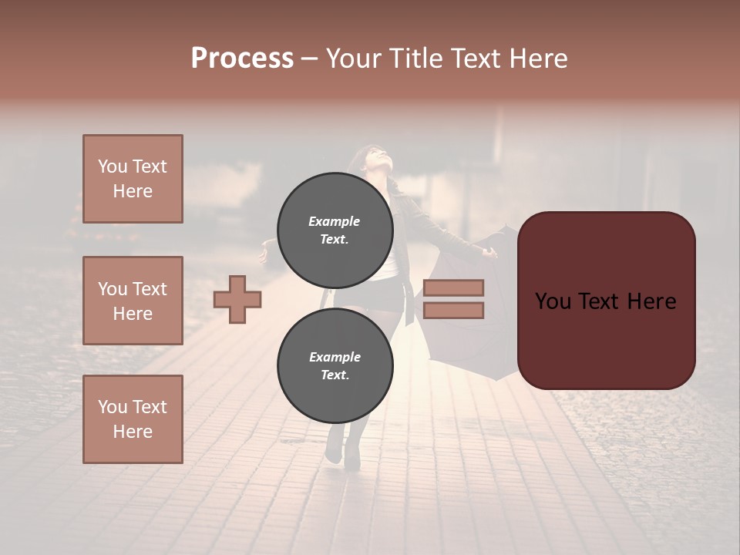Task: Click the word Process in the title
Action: coord(242,59)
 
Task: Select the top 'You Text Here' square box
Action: coord(133,179)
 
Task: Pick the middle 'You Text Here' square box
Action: coord(133,301)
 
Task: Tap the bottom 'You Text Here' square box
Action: coord(133,419)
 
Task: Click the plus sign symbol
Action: coord(237,299)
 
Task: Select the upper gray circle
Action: coord(335,230)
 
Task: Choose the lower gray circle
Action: coord(335,366)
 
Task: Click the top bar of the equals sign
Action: coord(453,288)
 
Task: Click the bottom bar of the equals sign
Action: coord(453,310)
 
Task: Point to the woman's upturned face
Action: coord(379,158)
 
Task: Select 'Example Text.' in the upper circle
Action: coord(335,230)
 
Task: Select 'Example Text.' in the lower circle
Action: coord(335,366)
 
